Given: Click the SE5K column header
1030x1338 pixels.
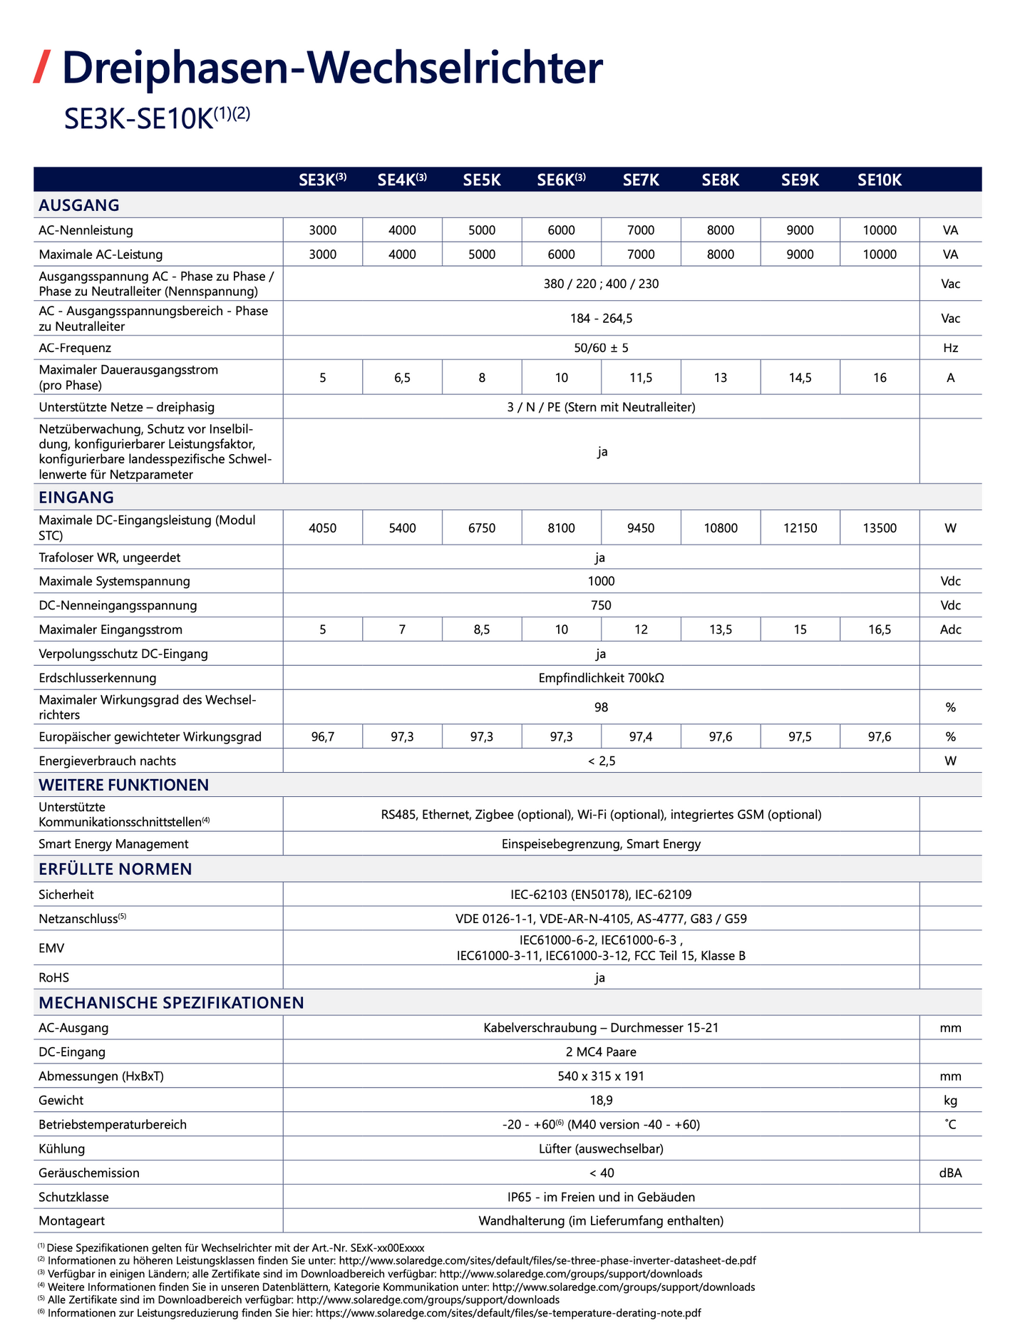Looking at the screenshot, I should (482, 180).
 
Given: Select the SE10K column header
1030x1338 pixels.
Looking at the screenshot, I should (880, 180).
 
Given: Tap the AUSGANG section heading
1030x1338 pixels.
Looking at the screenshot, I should (79, 205).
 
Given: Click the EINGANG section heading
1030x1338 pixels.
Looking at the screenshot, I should (76, 497).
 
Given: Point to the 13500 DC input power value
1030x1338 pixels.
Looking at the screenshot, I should (880, 528).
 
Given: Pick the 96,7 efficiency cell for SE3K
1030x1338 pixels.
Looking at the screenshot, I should (323, 736).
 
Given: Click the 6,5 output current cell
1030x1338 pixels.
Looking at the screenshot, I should (402, 378).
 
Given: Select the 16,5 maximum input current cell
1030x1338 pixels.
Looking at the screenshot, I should (880, 629).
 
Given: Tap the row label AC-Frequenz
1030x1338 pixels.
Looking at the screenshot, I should (75, 348).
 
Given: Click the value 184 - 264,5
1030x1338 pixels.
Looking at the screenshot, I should (601, 319).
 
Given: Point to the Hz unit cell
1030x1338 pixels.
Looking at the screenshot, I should (950, 348).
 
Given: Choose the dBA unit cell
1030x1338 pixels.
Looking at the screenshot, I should (950, 1173).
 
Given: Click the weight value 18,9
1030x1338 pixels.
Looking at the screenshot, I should (601, 1100).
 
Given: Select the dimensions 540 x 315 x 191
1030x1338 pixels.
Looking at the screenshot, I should (601, 1076).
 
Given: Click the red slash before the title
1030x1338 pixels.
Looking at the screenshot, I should (42, 68).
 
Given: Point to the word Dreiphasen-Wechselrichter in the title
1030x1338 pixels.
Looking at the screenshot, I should (332, 68).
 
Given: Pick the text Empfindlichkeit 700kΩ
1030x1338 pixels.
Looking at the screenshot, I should (601, 678).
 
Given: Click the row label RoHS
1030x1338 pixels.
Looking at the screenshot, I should (54, 977).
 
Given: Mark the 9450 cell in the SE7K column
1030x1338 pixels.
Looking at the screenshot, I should (641, 528).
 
